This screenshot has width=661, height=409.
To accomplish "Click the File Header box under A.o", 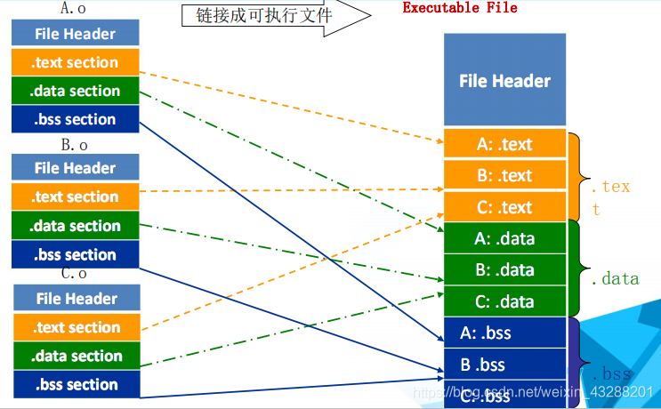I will pyautogui.click(x=76, y=34).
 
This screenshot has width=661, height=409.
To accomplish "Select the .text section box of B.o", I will pyautogui.click(x=76, y=196).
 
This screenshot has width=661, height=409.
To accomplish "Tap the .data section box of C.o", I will pyautogui.click(x=76, y=356).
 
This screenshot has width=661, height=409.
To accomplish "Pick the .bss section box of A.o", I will pyautogui.click(x=76, y=119).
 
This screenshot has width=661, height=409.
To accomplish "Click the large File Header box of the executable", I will pyautogui.click(x=504, y=80).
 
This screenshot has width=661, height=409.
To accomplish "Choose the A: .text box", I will pyautogui.click(x=504, y=144).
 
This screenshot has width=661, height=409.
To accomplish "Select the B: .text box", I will pyautogui.click(x=504, y=175).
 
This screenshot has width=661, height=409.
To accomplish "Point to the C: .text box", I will pyautogui.click(x=504, y=207).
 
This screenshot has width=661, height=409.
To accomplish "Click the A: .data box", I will pyautogui.click(x=504, y=237).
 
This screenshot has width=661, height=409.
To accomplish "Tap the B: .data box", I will pyautogui.click(x=504, y=269).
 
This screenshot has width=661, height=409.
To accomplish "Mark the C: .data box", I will pyautogui.click(x=504, y=301).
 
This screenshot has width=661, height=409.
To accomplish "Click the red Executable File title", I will pyautogui.click(x=459, y=8).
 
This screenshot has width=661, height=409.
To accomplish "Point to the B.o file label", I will pyautogui.click(x=74, y=144).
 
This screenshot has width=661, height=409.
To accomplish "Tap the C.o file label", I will pyautogui.click(x=74, y=274).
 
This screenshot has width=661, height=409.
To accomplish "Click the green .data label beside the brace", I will pyautogui.click(x=615, y=278).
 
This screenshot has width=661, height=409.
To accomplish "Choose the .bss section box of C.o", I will pyautogui.click(x=76, y=384).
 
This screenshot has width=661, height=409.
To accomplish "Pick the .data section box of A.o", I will pyautogui.click(x=76, y=91).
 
